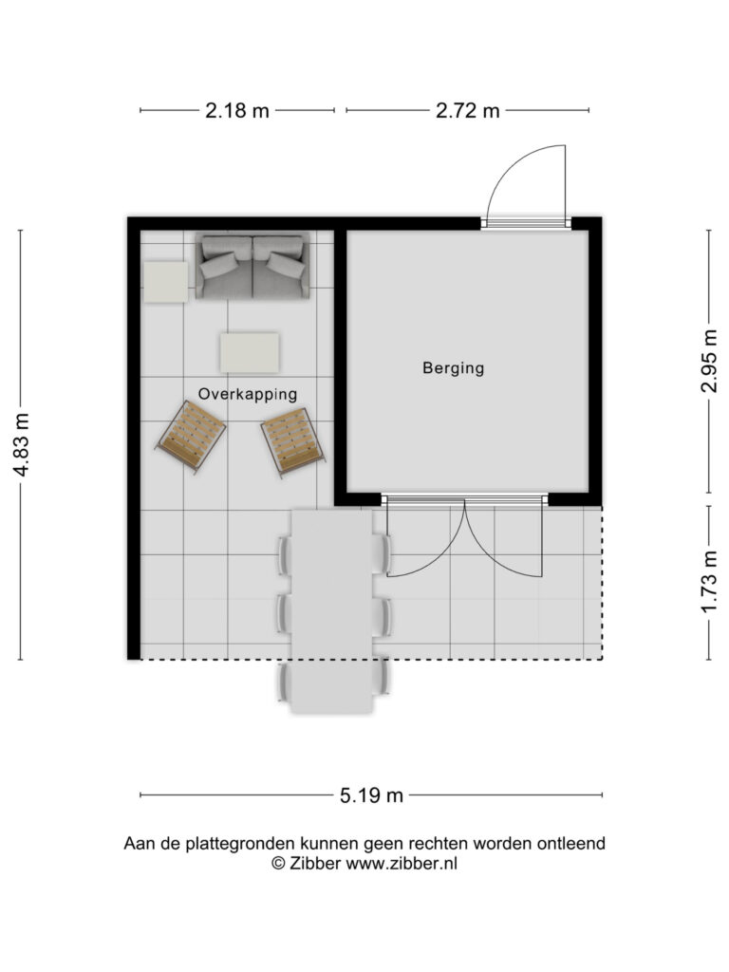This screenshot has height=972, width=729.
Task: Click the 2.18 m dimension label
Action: point(237,111)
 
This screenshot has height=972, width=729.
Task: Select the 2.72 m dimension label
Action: point(467,111)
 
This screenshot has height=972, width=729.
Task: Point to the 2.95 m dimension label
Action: point(709,361)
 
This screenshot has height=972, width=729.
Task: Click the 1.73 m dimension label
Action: point(709,582)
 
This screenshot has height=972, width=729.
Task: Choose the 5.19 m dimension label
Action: point(371,795)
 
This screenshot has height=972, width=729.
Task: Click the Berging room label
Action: point(453,367)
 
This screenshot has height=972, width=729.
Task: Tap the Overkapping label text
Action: point(248,394)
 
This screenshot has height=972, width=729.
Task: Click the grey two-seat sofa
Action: point(252,266)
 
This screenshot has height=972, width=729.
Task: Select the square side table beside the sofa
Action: point(165,282)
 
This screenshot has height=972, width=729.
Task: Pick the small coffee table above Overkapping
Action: point(250,353)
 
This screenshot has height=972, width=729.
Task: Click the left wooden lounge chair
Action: point(191,437)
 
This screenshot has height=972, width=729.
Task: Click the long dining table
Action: point(333,610)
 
